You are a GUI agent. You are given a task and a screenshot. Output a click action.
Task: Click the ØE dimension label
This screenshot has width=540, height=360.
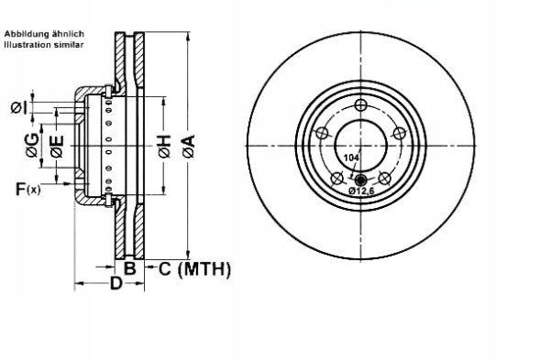(56, 145)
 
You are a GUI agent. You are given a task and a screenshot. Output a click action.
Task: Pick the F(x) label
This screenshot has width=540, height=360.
(27, 190)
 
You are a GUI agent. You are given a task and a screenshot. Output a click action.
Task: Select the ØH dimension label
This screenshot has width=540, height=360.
(164, 145)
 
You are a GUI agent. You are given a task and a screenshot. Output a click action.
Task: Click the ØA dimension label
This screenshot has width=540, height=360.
(188, 145)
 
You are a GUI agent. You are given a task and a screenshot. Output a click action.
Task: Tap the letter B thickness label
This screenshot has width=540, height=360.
(130, 268)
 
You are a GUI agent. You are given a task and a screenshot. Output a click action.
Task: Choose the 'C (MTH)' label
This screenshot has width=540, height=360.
(193, 268)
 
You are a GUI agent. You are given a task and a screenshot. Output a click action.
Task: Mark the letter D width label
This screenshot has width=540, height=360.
(116, 284)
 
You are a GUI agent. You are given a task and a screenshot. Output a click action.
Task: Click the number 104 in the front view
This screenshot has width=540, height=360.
(350, 158)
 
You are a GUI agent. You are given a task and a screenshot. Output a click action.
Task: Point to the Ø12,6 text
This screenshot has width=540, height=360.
(360, 191)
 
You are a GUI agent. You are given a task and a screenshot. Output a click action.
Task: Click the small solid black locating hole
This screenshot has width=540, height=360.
(360, 180)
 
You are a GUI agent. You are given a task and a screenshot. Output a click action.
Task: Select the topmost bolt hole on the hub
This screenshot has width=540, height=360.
(360, 104)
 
